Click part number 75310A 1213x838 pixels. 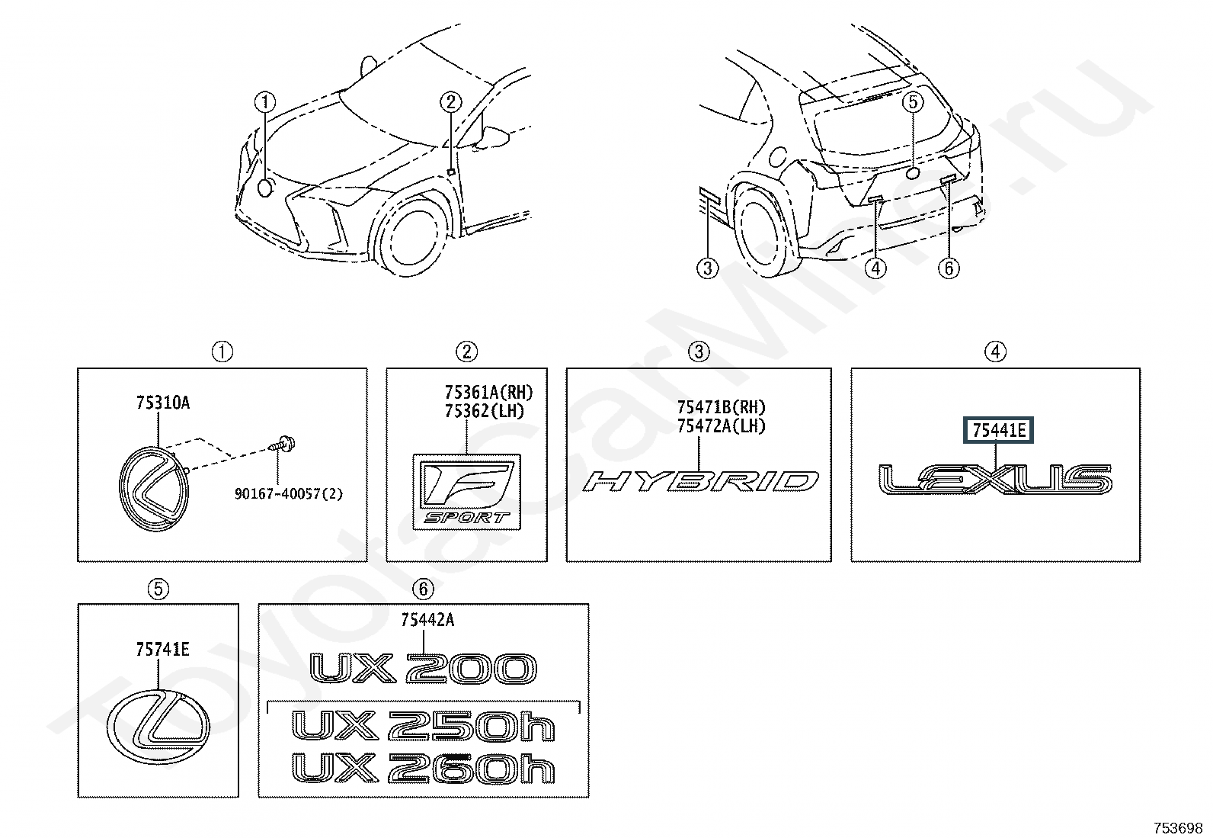[162, 403]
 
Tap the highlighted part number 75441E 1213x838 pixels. [998, 430]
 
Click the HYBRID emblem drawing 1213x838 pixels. [701, 481]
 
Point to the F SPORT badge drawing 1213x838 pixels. [466, 492]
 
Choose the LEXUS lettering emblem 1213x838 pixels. [995, 479]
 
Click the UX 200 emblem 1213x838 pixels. [423, 668]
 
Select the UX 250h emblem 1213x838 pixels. [423, 725]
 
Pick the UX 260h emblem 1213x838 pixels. [423, 768]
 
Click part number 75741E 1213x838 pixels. [162, 649]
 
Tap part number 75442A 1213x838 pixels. [427, 620]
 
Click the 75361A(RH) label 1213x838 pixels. [488, 392]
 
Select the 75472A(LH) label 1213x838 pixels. [722, 426]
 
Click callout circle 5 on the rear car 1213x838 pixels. [913, 102]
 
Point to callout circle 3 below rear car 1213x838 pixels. [707, 268]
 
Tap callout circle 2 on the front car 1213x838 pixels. [450, 102]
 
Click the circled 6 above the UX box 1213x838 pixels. [423, 589]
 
